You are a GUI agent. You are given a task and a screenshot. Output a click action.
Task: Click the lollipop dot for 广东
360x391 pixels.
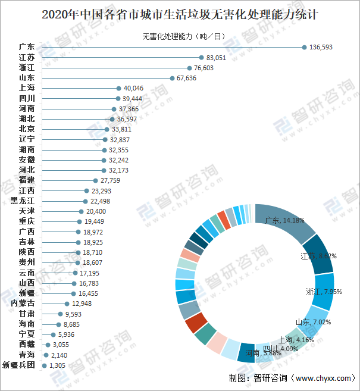point(304,47)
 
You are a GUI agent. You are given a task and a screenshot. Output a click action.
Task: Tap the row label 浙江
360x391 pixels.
point(26,68)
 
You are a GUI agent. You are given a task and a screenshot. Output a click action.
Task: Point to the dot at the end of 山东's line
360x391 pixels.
point(172,78)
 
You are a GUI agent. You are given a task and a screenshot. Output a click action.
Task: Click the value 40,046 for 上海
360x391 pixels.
point(133,88)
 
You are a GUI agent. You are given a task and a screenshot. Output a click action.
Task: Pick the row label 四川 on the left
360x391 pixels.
point(26,98)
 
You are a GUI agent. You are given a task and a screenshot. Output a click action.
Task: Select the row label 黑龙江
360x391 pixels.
point(23,201)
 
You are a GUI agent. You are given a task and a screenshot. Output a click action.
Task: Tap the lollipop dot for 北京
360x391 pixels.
point(106,129)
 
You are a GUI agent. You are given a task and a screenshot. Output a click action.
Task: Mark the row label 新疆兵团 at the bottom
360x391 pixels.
point(23,365)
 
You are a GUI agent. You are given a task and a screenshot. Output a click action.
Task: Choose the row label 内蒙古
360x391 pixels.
point(23,303)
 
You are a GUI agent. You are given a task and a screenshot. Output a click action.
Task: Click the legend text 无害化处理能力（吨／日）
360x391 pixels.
point(183,36)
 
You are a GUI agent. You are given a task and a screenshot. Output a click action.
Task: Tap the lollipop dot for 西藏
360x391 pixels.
point(48,345)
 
